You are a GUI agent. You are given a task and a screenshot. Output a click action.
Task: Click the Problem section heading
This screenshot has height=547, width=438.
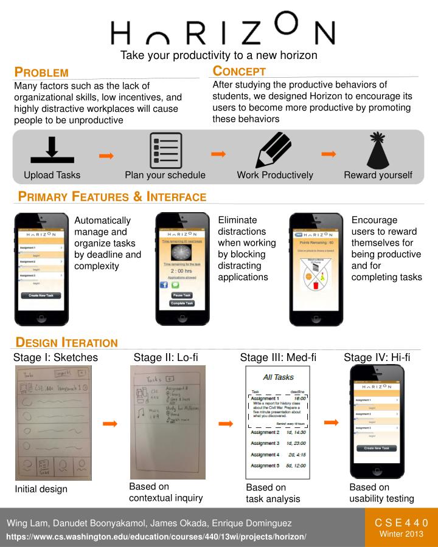coord(41,72)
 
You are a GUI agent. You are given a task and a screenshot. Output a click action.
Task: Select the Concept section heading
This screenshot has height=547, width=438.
coord(239,71)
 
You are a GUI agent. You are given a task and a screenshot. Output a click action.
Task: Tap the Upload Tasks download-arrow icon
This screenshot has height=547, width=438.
coord(52,150)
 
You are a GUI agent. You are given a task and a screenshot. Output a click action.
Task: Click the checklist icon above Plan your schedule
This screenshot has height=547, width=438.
coord(165,150)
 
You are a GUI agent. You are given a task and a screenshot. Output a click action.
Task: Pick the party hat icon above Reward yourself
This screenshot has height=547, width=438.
coord(378,150)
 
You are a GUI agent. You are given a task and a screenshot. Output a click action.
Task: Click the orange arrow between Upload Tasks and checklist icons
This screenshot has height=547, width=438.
coord(106,156)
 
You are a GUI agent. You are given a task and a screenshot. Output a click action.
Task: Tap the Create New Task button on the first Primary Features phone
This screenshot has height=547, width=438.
coord(41,295)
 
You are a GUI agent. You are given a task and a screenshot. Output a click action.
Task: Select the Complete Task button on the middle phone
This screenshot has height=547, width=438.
coord(181,303)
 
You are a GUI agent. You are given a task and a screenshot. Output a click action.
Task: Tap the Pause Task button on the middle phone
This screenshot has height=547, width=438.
coord(181,295)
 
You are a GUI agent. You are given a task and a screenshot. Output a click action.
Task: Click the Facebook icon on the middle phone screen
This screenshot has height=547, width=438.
coord(164,284)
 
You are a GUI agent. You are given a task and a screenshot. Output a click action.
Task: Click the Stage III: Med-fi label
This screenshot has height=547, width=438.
coord(278,357)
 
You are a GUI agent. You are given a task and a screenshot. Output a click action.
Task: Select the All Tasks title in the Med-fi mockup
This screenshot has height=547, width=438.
coord(278,377)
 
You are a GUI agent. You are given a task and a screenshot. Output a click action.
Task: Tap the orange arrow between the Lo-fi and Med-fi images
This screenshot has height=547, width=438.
coord(226,423)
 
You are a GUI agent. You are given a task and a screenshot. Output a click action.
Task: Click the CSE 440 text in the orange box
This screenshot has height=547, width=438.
coord(401,523)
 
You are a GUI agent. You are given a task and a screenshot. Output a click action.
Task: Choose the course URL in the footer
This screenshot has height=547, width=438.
coord(156,537)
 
